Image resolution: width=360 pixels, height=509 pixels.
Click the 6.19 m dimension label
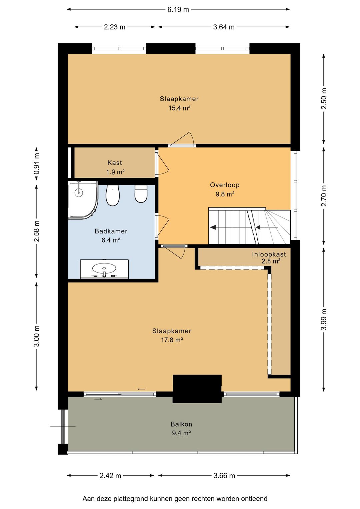click(x=178, y=10)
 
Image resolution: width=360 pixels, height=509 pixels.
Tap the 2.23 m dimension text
click(x=115, y=27)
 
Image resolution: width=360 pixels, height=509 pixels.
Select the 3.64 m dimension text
click(x=224, y=27)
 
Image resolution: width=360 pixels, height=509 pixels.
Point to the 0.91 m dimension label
click(x=37, y=163)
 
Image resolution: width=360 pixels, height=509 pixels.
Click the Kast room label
click(x=115, y=163)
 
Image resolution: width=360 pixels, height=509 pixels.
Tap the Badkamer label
click(x=111, y=231)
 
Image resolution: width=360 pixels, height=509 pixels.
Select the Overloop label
click(x=225, y=185)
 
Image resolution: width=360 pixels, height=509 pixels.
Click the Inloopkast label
click(x=269, y=254)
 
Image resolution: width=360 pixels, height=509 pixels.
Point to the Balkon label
click(x=181, y=424)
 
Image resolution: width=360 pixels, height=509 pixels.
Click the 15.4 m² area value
click(x=179, y=108)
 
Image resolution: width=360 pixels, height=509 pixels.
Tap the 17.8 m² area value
click(x=172, y=340)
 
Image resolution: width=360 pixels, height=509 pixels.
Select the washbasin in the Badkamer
click(x=104, y=269)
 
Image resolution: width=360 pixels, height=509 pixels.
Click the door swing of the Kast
click(x=163, y=163)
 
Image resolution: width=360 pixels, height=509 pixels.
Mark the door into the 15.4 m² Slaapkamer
click(x=182, y=139)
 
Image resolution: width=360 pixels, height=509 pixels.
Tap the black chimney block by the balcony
click(x=197, y=389)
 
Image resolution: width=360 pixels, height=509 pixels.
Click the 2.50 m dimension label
click(x=324, y=99)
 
